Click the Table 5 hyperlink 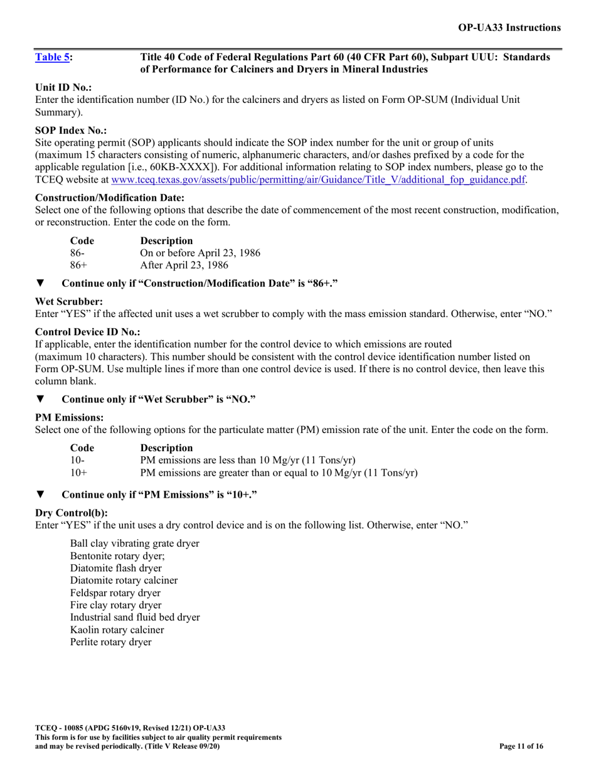[x=52, y=57]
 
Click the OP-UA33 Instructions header [x=509, y=28]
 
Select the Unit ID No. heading [x=63, y=88]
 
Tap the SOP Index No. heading [x=71, y=131]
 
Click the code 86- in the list [x=77, y=253]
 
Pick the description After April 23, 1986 [x=184, y=265]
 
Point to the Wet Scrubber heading [x=69, y=301]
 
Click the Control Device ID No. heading [x=88, y=331]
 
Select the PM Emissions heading [x=69, y=417]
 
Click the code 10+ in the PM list [x=78, y=473]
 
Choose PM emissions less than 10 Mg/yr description [x=248, y=460]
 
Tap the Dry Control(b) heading [x=72, y=512]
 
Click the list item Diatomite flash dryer [x=116, y=568]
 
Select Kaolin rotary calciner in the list [x=117, y=630]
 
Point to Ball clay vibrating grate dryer [x=135, y=543]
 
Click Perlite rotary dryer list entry [x=111, y=642]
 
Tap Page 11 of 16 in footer [x=521, y=746]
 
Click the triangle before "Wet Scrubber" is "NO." [x=40, y=399]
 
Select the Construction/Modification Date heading [x=110, y=198]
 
